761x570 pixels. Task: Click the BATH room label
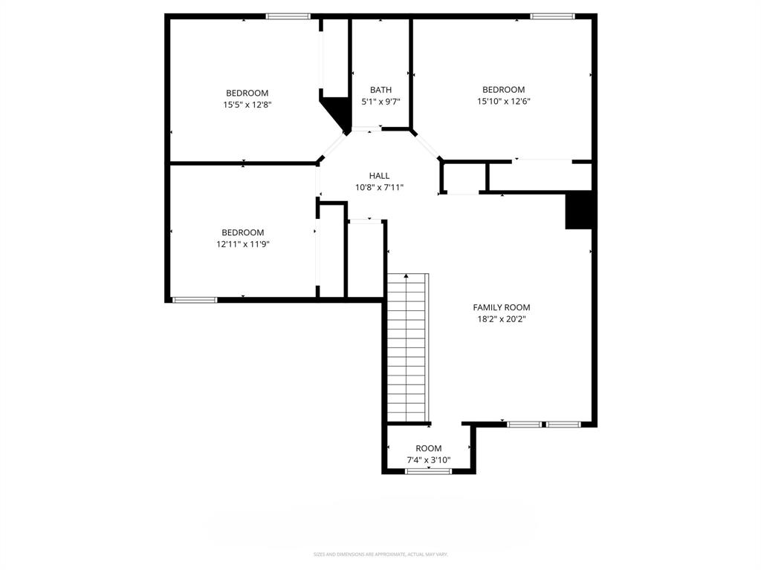click(x=380, y=90)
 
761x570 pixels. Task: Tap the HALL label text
click(x=379, y=176)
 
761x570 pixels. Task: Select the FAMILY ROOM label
click(x=502, y=307)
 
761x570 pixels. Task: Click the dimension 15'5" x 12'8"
click(x=247, y=105)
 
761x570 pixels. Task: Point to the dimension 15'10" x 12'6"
click(x=503, y=102)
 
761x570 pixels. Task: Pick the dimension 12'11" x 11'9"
click(x=242, y=244)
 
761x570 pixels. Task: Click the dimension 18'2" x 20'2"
click(x=502, y=319)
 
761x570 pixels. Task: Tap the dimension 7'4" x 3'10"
click(x=428, y=460)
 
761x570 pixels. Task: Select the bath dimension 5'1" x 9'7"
click(x=380, y=102)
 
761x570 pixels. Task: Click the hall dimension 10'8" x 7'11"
click(x=379, y=188)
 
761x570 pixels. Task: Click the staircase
click(x=407, y=349)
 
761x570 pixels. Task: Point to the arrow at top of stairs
click(x=406, y=275)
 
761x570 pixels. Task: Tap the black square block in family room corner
click(x=580, y=210)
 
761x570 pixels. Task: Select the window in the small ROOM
click(x=428, y=471)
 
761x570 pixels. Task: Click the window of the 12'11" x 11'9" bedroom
click(x=195, y=300)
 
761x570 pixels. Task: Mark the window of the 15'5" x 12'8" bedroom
click(x=288, y=16)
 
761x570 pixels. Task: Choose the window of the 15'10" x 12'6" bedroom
click(x=552, y=16)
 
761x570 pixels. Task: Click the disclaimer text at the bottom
click(x=380, y=554)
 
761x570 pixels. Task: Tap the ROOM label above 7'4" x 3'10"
click(x=428, y=448)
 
